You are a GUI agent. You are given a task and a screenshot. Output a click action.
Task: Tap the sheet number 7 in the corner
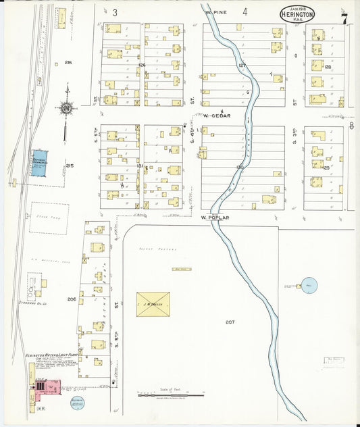(x=344, y=18)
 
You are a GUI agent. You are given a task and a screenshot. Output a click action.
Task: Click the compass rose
(x=67, y=107)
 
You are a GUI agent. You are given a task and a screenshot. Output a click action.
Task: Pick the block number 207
(x=230, y=322)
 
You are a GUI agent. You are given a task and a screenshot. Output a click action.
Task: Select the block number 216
(x=68, y=62)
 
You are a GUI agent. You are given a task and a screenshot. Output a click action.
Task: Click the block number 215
(x=70, y=165)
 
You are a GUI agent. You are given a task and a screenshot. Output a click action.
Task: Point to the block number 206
(x=72, y=299)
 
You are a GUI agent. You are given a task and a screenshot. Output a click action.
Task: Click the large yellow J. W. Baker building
(x=153, y=304)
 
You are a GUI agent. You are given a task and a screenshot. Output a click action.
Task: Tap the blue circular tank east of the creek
(x=309, y=286)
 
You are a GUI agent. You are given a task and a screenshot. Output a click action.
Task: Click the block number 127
(x=242, y=65)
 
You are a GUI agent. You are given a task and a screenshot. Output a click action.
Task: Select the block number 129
(x=326, y=168)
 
